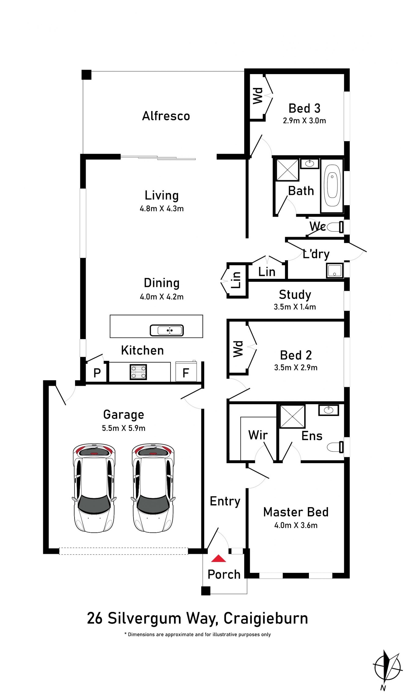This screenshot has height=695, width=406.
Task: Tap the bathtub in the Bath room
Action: click(x=332, y=185)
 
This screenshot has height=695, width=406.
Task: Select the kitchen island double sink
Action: click(x=167, y=330)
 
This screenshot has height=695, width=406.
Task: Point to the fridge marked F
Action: click(x=186, y=372)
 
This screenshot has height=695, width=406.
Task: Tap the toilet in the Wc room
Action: click(x=335, y=227)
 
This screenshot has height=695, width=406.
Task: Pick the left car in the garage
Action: click(x=94, y=488)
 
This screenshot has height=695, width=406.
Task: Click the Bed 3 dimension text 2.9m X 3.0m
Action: click(x=304, y=121)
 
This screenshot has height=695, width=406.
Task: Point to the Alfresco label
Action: click(x=166, y=116)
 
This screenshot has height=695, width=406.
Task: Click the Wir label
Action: click(x=258, y=435)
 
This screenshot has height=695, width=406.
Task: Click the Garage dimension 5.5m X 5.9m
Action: click(x=123, y=428)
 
